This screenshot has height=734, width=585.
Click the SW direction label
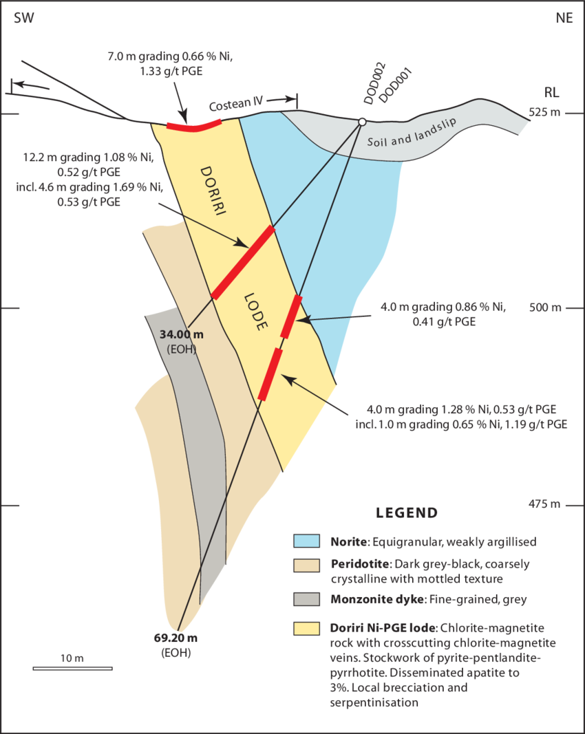click(24, 18)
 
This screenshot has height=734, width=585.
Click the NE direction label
click(564, 18)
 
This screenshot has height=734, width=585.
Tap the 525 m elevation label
click(544, 112)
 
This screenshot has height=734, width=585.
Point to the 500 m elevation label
click(544, 307)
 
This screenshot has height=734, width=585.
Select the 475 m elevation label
click(544, 504)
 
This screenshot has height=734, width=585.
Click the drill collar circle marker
click(361, 122)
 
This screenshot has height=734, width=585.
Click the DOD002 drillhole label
click(374, 83)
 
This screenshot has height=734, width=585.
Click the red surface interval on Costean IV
click(194, 127)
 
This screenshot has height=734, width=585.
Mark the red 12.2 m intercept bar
click(243, 262)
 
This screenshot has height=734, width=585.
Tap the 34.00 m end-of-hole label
click(182, 334)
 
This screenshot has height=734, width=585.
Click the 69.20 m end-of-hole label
click(175, 638)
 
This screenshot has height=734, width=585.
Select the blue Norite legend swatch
click(306, 541)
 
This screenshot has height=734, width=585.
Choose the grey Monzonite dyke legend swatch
click(306, 599)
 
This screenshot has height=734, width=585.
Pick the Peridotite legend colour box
click(306, 565)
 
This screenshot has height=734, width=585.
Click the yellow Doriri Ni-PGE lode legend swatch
click(306, 628)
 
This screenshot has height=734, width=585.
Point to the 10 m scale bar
click(72, 668)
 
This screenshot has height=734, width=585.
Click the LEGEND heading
click(407, 513)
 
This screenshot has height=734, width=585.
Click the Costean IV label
click(237, 104)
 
